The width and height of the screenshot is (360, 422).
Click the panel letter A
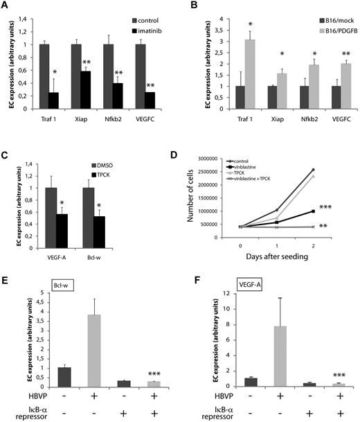(x=6, y=7)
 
